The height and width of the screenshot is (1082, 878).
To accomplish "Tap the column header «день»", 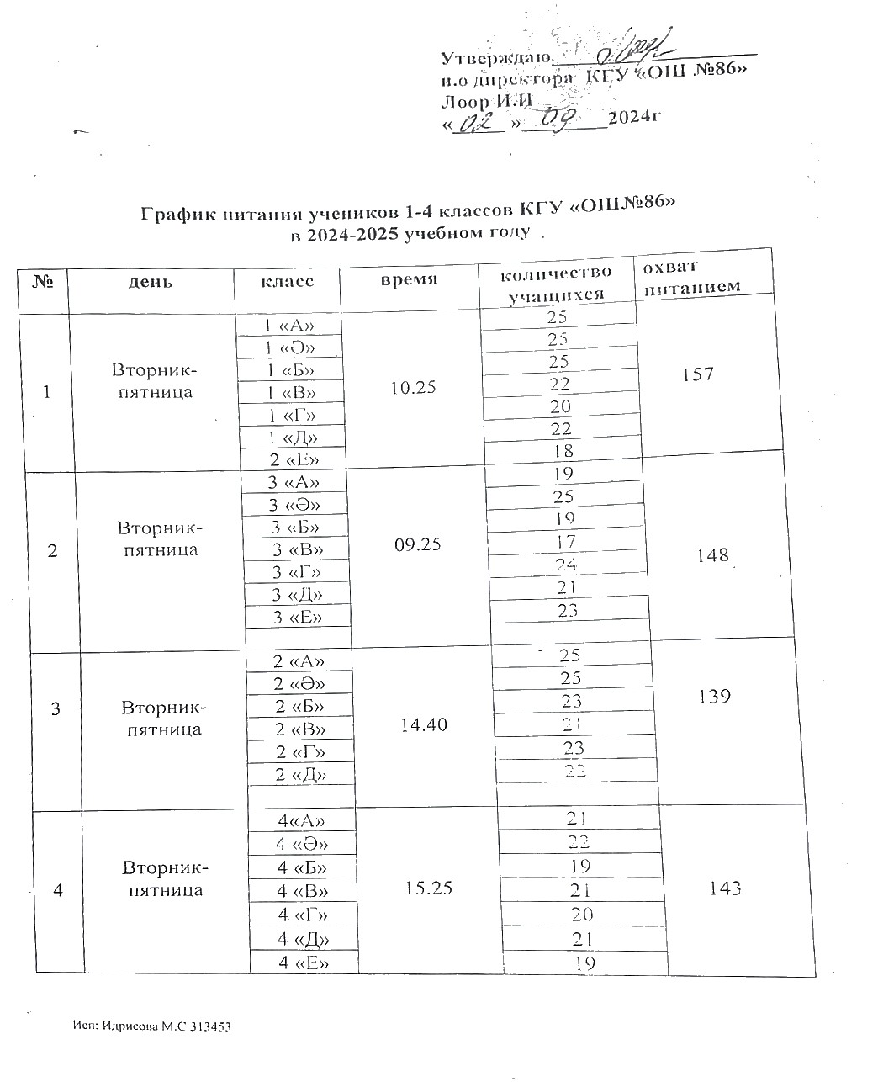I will [x=151, y=282].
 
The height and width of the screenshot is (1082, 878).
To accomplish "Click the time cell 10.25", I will [x=414, y=388].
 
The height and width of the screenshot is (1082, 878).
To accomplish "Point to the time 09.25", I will [x=417, y=544].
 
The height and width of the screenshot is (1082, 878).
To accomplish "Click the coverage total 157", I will [x=698, y=374].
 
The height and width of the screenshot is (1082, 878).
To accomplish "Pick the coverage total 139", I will [x=713, y=697].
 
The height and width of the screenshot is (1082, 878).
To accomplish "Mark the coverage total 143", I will [x=724, y=888].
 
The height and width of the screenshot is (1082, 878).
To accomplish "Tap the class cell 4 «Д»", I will [x=303, y=938].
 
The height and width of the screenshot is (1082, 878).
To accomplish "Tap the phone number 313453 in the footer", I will [x=210, y=1026].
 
